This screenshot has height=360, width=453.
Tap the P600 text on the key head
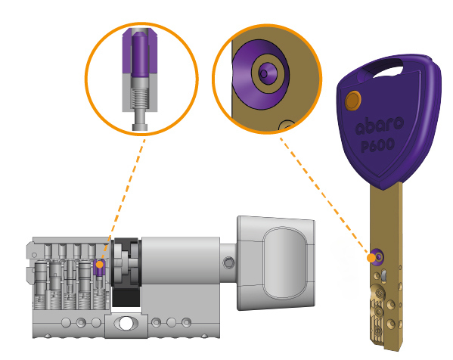(378, 144)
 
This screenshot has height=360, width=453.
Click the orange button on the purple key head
(353, 101)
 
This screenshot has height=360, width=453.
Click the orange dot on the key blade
(371, 258)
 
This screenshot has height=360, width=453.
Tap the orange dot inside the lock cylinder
(99, 265)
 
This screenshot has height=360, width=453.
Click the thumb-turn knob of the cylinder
(276, 263)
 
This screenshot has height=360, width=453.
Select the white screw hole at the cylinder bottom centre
(126, 323)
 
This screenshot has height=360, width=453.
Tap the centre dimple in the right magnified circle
(264, 73)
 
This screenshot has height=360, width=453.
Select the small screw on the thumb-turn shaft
(228, 262)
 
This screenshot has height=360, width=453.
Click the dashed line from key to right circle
(324, 195)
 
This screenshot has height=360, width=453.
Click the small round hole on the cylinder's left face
(34, 255)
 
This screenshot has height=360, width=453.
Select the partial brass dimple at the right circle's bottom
(286, 126)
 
